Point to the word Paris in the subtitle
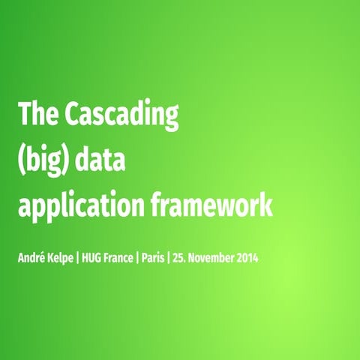(178, 259)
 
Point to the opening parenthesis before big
(22, 160)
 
